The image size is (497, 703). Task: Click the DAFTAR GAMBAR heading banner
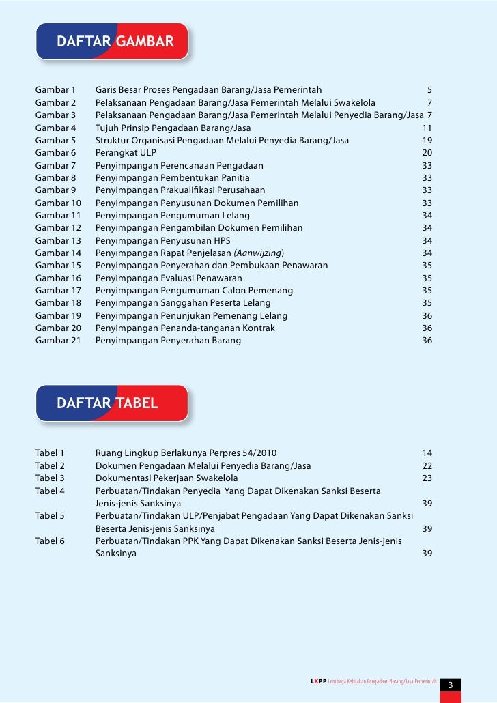(x=115, y=42)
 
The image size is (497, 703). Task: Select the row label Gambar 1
(x=55, y=90)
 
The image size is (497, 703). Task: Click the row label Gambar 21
(x=58, y=340)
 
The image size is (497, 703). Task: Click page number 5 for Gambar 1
(x=429, y=90)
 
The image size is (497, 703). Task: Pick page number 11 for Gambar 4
(x=427, y=128)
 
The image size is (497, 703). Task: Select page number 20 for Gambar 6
(x=427, y=153)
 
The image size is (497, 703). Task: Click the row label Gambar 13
(x=58, y=240)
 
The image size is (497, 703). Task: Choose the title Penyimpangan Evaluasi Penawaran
(x=169, y=278)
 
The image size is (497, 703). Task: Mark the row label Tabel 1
(x=49, y=453)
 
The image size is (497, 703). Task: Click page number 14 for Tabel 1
(x=427, y=453)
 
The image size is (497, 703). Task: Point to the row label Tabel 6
(x=49, y=541)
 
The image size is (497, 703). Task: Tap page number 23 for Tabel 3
(x=427, y=478)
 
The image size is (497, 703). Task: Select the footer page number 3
(x=451, y=685)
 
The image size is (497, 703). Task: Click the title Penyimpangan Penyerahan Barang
(x=168, y=340)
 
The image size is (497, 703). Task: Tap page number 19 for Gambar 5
(x=427, y=140)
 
